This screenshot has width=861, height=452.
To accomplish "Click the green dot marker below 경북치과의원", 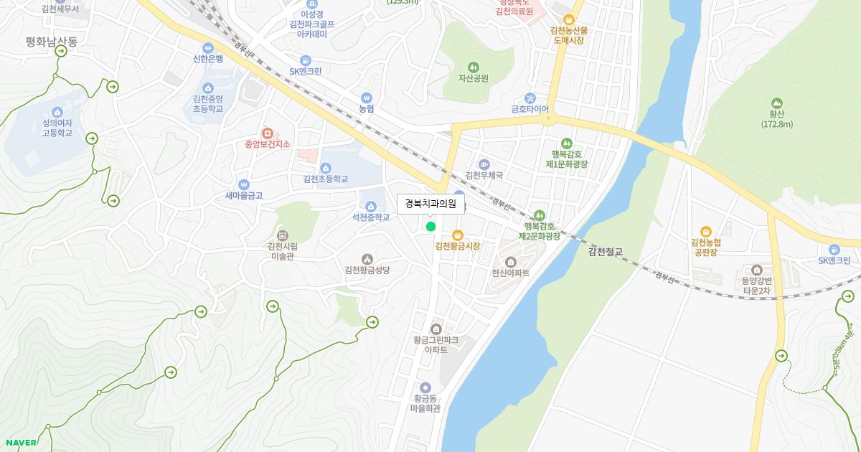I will (x=430, y=227).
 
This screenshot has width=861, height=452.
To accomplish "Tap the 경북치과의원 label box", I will (x=430, y=204).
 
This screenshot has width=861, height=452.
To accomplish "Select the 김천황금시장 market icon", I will (x=457, y=235).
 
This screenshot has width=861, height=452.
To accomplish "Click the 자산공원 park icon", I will (x=473, y=67).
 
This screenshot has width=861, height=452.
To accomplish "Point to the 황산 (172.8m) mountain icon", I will (x=776, y=103).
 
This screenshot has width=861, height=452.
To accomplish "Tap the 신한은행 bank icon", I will (x=208, y=47).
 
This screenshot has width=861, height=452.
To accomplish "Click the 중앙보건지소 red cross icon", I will (x=267, y=133).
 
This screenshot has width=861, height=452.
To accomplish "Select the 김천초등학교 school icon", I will (x=325, y=167).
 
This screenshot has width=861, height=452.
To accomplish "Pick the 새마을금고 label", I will (x=244, y=195).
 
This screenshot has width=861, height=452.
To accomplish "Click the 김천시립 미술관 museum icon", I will (x=282, y=235).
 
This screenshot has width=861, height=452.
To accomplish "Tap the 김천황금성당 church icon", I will (x=367, y=258).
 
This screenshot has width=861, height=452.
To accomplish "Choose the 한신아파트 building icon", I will (x=511, y=262).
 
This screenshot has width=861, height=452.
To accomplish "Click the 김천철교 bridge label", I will (x=606, y=252).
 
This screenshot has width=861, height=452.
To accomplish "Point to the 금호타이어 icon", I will (x=530, y=98).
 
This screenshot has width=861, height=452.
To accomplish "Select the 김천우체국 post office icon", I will (x=484, y=164).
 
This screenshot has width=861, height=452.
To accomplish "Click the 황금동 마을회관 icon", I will (x=425, y=387).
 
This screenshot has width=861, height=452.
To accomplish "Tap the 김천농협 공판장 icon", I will (x=706, y=230).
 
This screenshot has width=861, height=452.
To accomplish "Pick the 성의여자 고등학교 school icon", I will (x=57, y=111).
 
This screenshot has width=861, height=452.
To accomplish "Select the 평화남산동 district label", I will (x=51, y=42).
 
